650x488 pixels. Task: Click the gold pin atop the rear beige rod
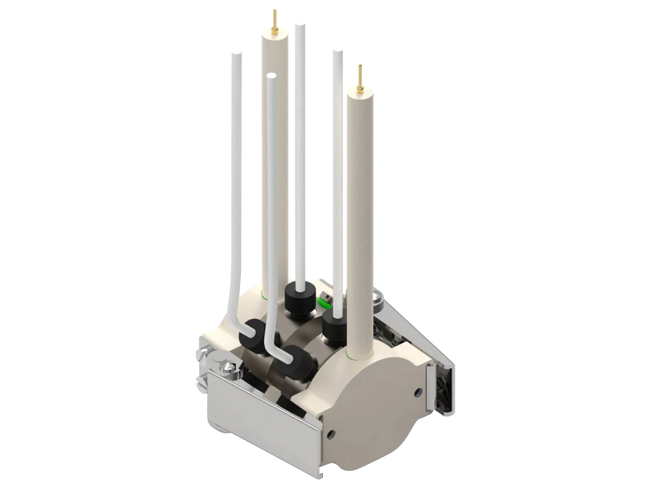point(274,21)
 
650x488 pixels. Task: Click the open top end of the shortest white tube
point(272,77)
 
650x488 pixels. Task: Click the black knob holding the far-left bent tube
point(255,335)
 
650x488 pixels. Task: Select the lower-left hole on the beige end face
point(332,433)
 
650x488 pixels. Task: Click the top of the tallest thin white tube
point(300,27)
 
